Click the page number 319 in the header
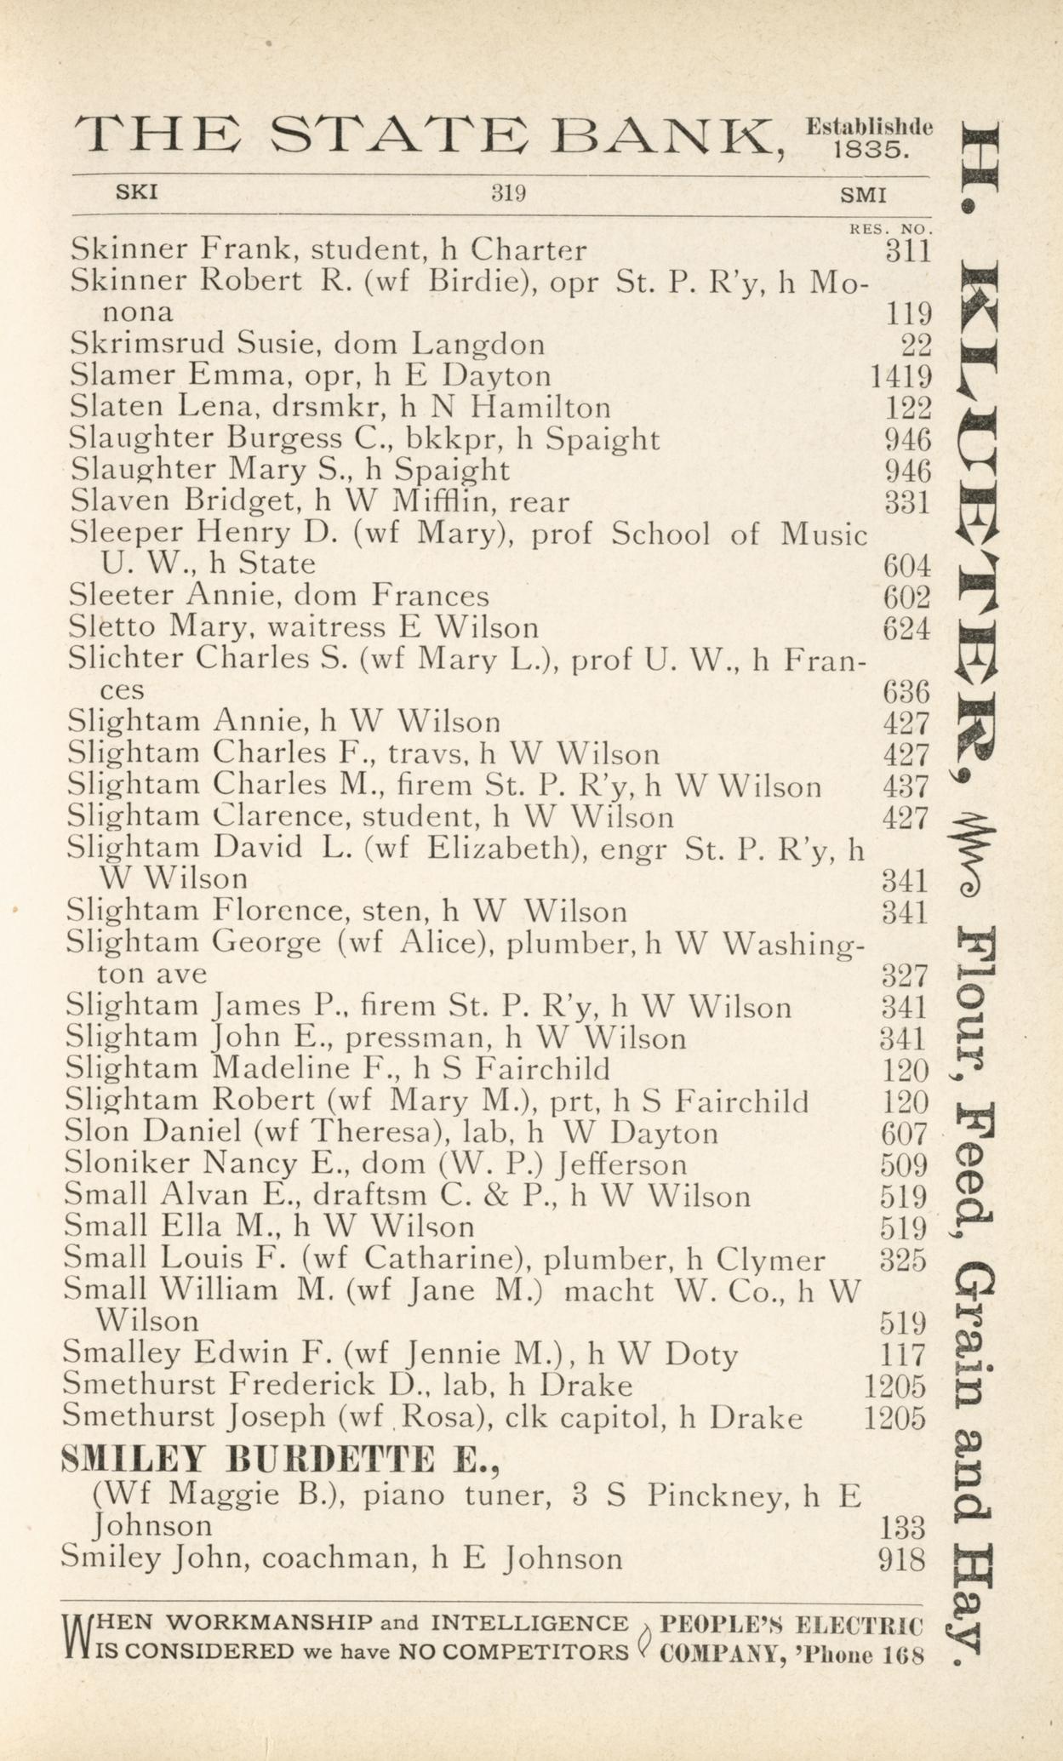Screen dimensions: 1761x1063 pos(509,193)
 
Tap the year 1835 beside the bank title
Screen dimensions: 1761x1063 pos(872,151)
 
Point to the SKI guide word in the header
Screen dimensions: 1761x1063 pos(136,192)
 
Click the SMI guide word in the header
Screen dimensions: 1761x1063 pos(863,194)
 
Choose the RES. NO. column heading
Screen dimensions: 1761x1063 pos(891,229)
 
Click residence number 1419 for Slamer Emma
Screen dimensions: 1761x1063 pos(900,375)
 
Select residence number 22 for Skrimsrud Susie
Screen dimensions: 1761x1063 pos(916,345)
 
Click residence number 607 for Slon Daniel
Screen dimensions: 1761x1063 pos(904,1133)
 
